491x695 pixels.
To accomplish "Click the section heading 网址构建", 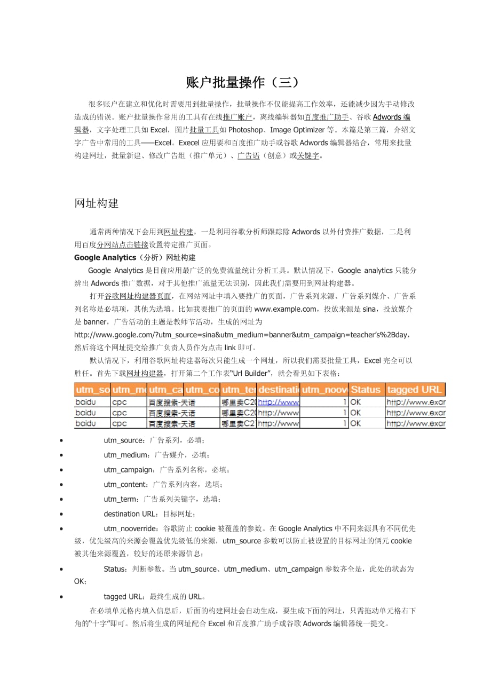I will (97, 203).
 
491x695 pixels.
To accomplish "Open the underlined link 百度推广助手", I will (327, 117).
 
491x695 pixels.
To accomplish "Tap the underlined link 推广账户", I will (237, 117).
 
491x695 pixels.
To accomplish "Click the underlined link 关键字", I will (308, 156).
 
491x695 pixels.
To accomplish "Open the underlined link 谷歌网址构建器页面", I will (138, 296).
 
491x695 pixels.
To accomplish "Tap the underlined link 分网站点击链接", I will (122, 244).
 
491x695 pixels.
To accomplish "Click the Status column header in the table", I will (366, 390).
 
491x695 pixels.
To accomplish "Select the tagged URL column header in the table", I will (415, 390).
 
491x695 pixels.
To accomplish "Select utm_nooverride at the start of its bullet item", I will (130, 528).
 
